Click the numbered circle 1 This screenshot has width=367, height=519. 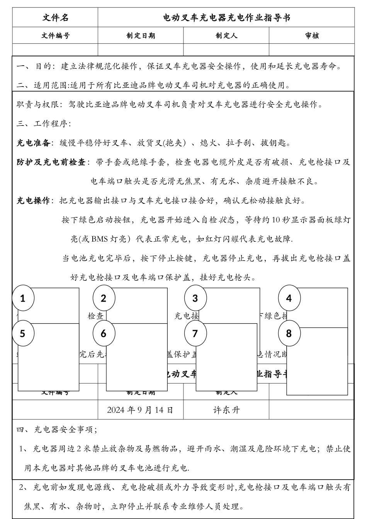(x=23, y=298)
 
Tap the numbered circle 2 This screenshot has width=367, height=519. (x=103, y=298)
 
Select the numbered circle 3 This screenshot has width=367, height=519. (x=195, y=298)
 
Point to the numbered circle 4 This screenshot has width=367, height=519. (x=289, y=298)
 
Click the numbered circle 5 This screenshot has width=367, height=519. (x=23, y=333)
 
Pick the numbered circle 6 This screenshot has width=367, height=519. (x=103, y=333)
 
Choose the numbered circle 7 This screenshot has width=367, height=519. (x=195, y=333)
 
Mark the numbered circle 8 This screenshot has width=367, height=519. (x=289, y=333)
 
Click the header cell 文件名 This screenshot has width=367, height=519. (x=55, y=18)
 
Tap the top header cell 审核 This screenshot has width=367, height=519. (x=312, y=36)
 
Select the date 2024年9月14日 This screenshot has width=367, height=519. (x=140, y=410)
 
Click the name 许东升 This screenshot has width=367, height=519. (x=226, y=410)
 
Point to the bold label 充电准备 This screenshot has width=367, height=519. (x=34, y=143)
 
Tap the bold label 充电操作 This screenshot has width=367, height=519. (x=34, y=201)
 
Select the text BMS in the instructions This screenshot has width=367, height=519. (x=100, y=239)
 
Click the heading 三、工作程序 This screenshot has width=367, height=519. (x=44, y=124)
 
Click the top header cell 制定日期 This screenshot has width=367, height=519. (x=141, y=36)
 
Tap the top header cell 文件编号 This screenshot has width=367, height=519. (x=55, y=36)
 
